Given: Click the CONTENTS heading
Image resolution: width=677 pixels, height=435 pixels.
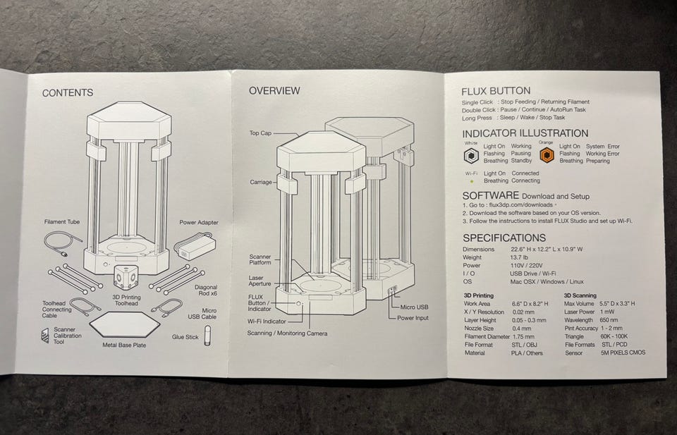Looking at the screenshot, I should (67, 93).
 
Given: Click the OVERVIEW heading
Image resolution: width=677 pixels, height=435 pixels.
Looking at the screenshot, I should (274, 91).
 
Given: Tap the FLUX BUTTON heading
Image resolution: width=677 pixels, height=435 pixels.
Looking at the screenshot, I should (496, 91).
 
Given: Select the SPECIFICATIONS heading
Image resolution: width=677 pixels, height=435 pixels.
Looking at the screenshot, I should (504, 238).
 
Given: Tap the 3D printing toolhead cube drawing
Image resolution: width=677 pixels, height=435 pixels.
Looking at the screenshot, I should (128, 278).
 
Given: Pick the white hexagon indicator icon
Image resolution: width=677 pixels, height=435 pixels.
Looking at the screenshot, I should (471, 154).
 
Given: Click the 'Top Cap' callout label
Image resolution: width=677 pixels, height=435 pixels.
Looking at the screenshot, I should (260, 133).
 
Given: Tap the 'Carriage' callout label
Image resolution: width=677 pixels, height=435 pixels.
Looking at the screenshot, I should (260, 182).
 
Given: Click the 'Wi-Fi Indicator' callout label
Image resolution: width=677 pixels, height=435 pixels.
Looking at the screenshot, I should (272, 321).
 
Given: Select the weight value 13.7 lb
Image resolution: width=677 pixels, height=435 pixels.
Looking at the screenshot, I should (521, 258).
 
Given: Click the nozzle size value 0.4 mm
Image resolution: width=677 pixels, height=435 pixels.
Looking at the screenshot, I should (522, 328).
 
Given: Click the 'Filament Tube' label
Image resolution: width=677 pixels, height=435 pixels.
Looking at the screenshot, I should (62, 222).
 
